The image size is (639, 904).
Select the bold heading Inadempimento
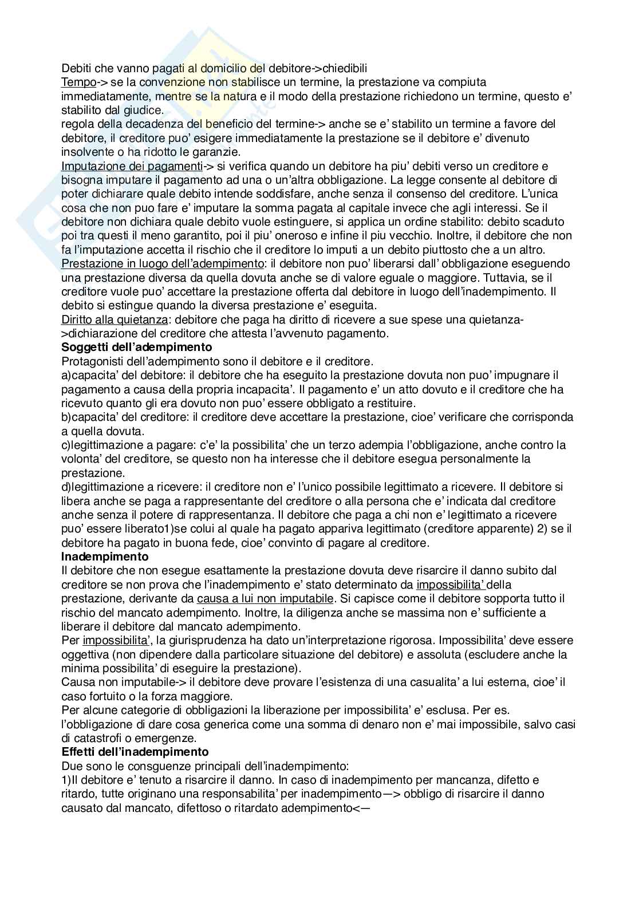pyautogui.click(x=105, y=556)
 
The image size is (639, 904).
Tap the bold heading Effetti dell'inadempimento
pyautogui.click(x=135, y=752)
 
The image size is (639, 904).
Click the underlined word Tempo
pyautogui.click(x=78, y=82)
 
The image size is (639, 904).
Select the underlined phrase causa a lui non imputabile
pyautogui.click(x=265, y=598)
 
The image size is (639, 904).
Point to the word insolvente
pyautogui.click(x=86, y=152)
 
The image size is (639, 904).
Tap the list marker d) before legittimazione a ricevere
pyautogui.click(x=66, y=487)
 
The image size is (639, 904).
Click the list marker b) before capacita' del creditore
pyautogui.click(x=66, y=417)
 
